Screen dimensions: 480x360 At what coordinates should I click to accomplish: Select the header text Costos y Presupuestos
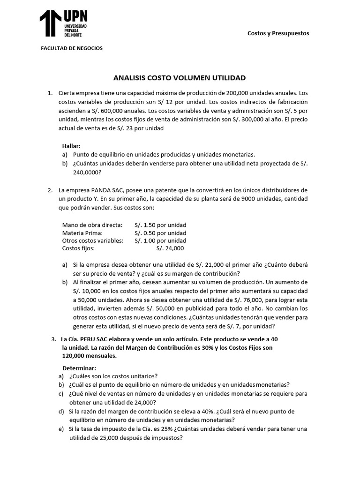pos(278,33)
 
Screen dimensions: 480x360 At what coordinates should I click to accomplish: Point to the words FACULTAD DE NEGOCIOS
pos(72,48)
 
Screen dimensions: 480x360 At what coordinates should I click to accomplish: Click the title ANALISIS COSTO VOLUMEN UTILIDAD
pos(180,77)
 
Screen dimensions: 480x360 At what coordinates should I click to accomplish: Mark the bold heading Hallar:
pos(71,146)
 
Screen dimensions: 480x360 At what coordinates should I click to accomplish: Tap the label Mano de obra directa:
pos(92,225)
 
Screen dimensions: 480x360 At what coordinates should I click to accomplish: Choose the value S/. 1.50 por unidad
pos(160,225)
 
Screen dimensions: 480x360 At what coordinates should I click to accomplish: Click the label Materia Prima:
pos(82,232)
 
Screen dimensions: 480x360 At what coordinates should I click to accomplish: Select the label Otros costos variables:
pos(93,240)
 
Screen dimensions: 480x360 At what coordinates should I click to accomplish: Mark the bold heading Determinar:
pos(79,368)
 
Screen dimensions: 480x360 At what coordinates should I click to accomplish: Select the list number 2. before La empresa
pos(50,190)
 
